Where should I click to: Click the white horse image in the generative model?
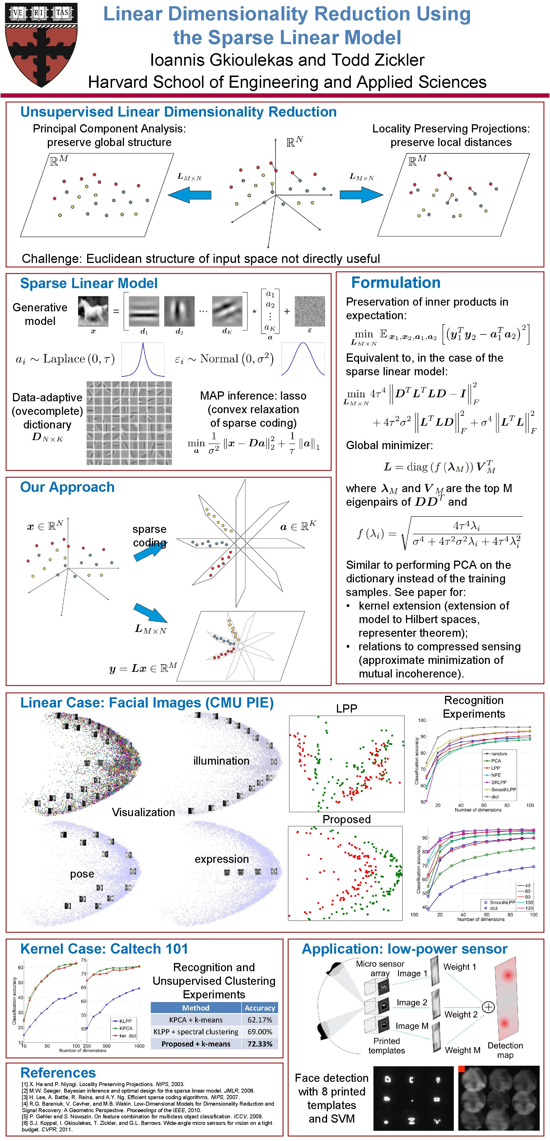[x=93, y=311]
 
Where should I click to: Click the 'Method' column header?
[x=196, y=1008]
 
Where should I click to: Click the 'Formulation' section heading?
[x=396, y=283]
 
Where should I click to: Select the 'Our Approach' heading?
[x=67, y=487]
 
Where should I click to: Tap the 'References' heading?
[x=58, y=1073]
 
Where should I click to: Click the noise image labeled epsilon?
[x=310, y=311]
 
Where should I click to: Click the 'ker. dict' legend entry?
[x=128, y=1035]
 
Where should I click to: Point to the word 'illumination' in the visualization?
[x=221, y=761]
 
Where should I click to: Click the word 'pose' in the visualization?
[x=82, y=874]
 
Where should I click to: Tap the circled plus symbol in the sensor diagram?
[x=488, y=1007]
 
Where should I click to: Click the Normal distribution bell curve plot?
[x=303, y=359]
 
